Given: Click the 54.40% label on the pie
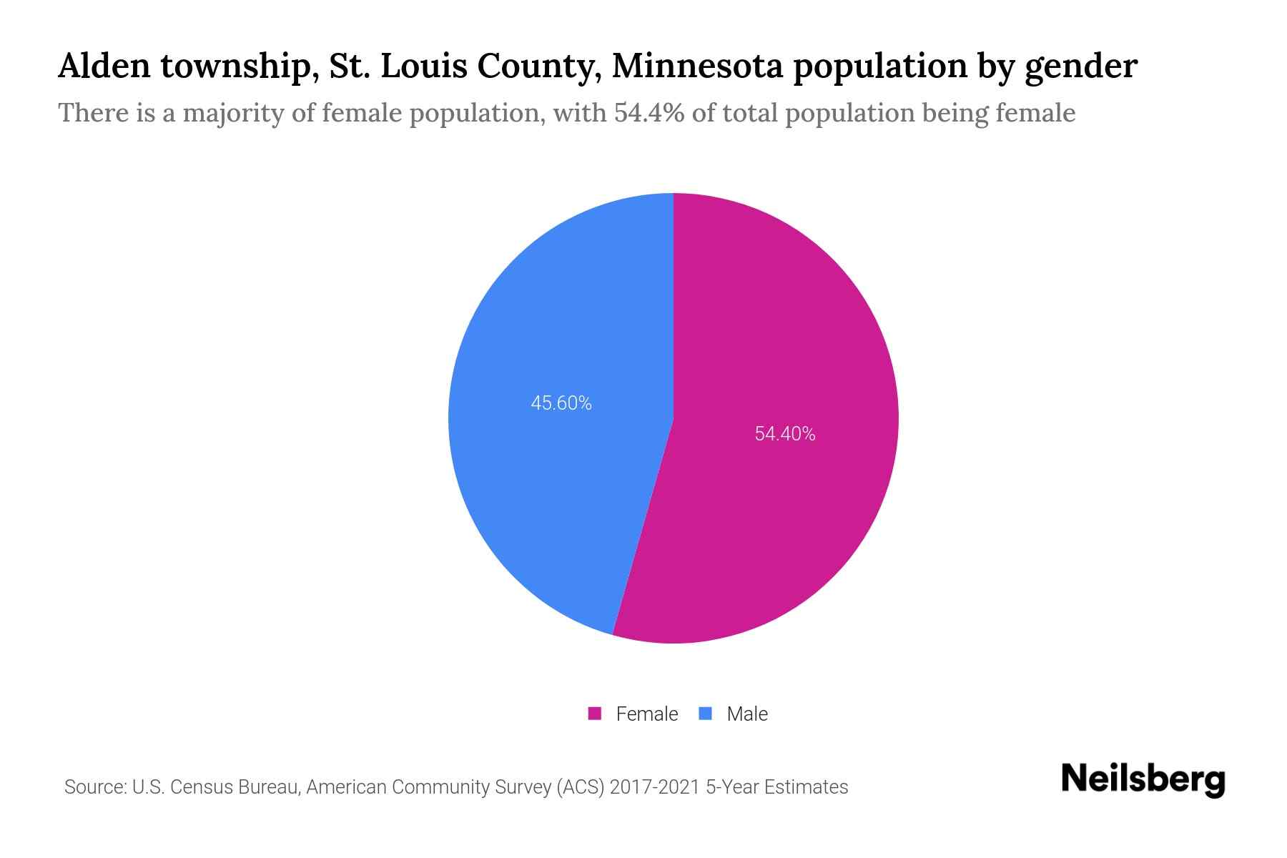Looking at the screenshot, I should pos(784,434).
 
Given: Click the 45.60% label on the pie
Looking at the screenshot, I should pos(561,403).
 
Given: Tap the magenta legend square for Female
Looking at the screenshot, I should pos(594,714).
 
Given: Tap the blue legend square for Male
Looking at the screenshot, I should pos(705,714).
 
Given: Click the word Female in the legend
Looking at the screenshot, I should pos(646,714).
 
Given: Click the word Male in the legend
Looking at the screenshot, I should pos(746,714).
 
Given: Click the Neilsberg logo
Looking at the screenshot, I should pos(1143,779).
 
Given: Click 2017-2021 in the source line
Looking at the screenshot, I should pos(654,787).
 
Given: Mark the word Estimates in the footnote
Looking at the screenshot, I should pos(806,787).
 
